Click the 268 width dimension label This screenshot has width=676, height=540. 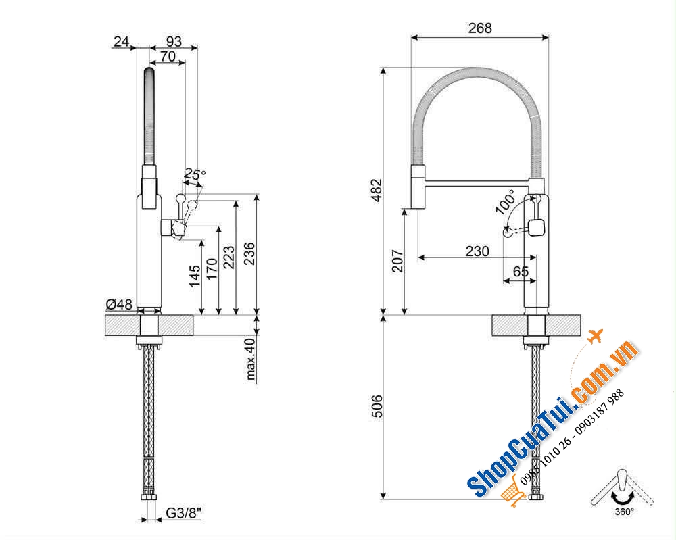coord(480,28)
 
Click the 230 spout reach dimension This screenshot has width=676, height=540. coord(477,250)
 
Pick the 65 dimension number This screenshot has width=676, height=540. coord(521,272)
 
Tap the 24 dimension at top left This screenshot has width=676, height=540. coord(121,42)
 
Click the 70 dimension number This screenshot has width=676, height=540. coord(167,57)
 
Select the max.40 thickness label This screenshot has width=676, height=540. coord(251,359)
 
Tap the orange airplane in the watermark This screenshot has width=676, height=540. coord(594,336)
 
